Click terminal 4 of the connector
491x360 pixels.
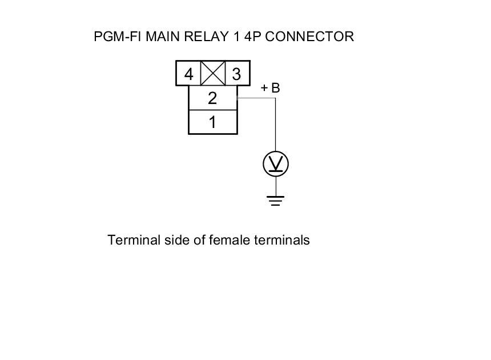click(188, 74)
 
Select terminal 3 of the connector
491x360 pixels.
click(236, 74)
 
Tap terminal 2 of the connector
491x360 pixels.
click(212, 98)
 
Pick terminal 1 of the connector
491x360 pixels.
click(212, 122)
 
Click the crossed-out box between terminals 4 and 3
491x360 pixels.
click(213, 74)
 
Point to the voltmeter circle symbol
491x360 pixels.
click(276, 165)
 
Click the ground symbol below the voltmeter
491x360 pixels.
click(276, 200)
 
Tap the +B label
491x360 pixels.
click(270, 88)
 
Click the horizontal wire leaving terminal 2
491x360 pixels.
click(256, 98)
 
